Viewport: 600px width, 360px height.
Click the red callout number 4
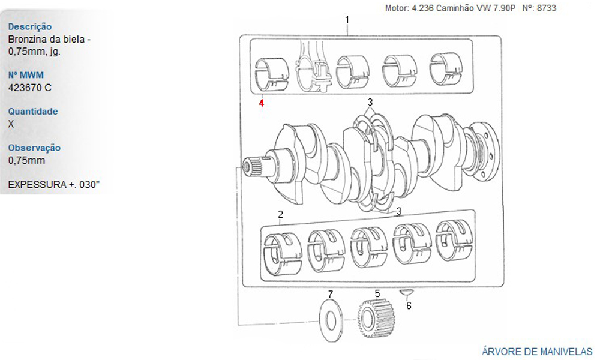262,103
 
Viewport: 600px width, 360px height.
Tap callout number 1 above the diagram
347,20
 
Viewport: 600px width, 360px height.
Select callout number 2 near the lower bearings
280,215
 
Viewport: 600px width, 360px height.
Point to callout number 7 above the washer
331,294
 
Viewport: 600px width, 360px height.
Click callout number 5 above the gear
377,293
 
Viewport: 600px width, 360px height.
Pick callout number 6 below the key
409,305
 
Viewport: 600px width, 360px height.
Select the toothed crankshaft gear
376,318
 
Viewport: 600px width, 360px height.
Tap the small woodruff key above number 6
407,293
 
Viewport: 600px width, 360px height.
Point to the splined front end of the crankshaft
252,167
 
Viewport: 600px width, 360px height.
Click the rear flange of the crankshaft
484,151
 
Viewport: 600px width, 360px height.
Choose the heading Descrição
30,27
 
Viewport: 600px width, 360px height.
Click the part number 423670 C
30,88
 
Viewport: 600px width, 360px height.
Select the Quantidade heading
33,112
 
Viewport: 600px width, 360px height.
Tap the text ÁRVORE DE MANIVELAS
537,352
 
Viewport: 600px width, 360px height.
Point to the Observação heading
34,148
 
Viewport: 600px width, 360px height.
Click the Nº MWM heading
26,75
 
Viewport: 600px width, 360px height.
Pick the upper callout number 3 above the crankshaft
370,102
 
